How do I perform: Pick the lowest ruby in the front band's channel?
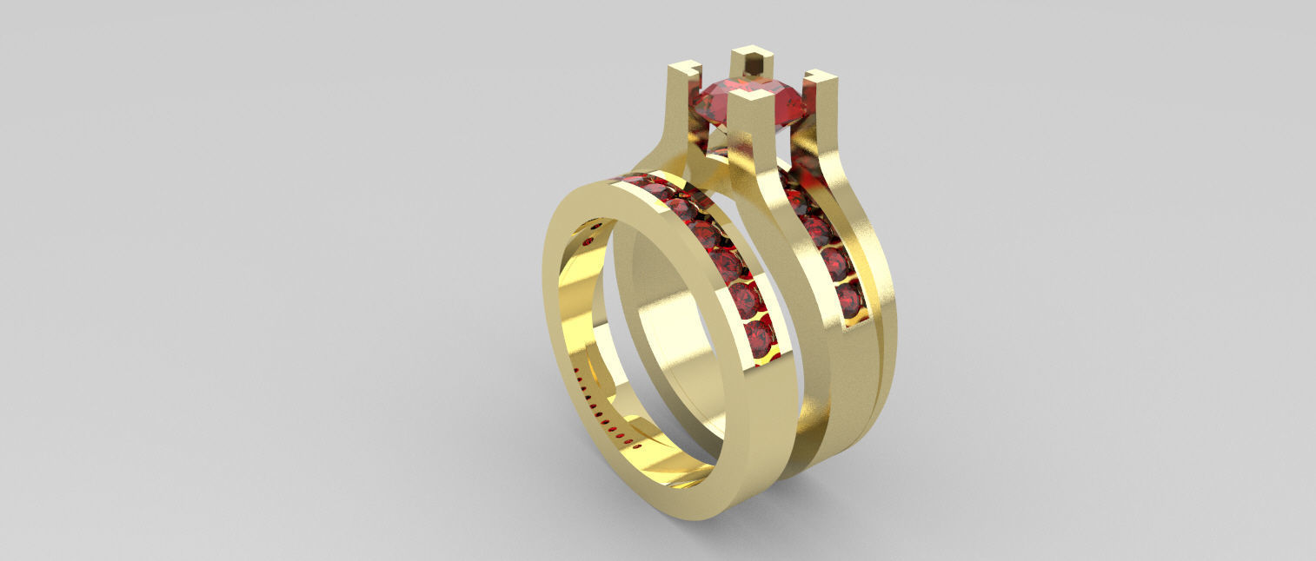761,339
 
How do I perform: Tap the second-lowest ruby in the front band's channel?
745,300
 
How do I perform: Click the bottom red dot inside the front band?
639,446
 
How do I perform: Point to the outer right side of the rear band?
882,347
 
